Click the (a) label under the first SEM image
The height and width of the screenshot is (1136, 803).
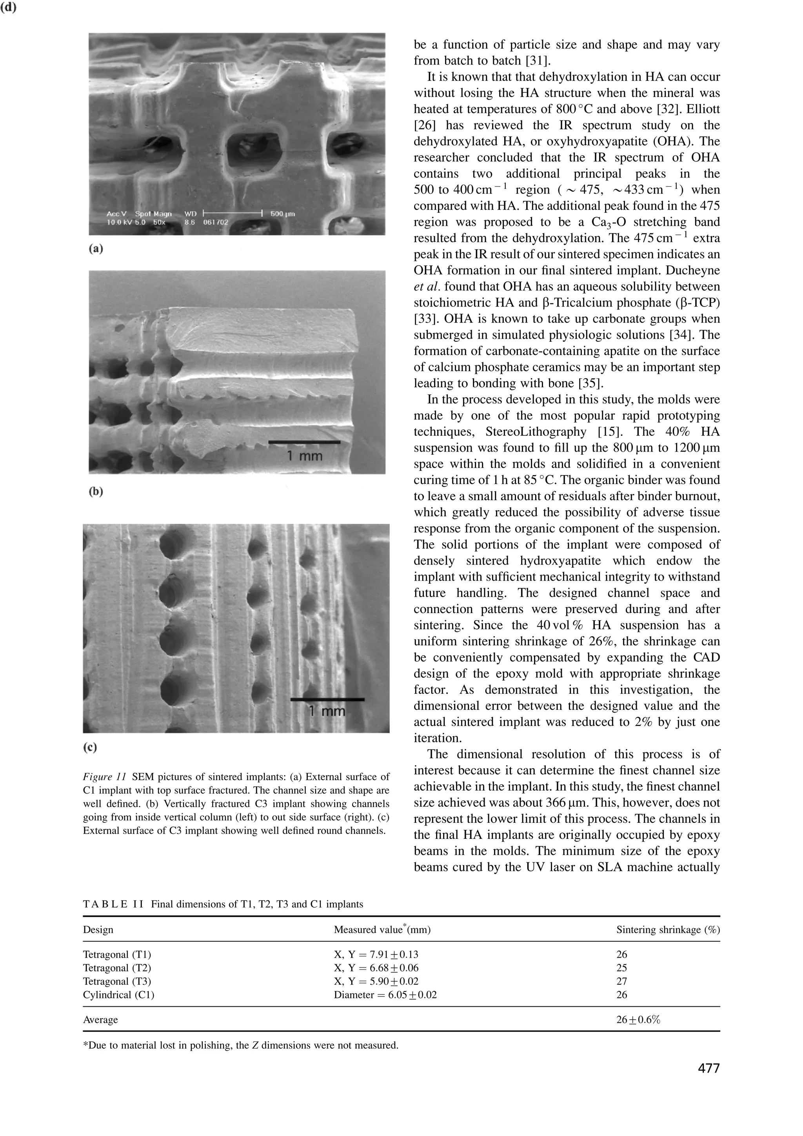coord(96,249)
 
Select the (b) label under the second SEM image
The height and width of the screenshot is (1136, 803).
coord(96,491)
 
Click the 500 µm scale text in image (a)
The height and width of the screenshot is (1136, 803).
coord(283,214)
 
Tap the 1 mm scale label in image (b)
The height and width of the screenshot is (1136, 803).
coord(304,455)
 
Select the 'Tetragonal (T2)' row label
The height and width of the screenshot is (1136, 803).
coord(117,968)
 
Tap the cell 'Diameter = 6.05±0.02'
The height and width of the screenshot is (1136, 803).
coord(385,994)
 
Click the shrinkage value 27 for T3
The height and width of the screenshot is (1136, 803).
coord(621,981)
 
